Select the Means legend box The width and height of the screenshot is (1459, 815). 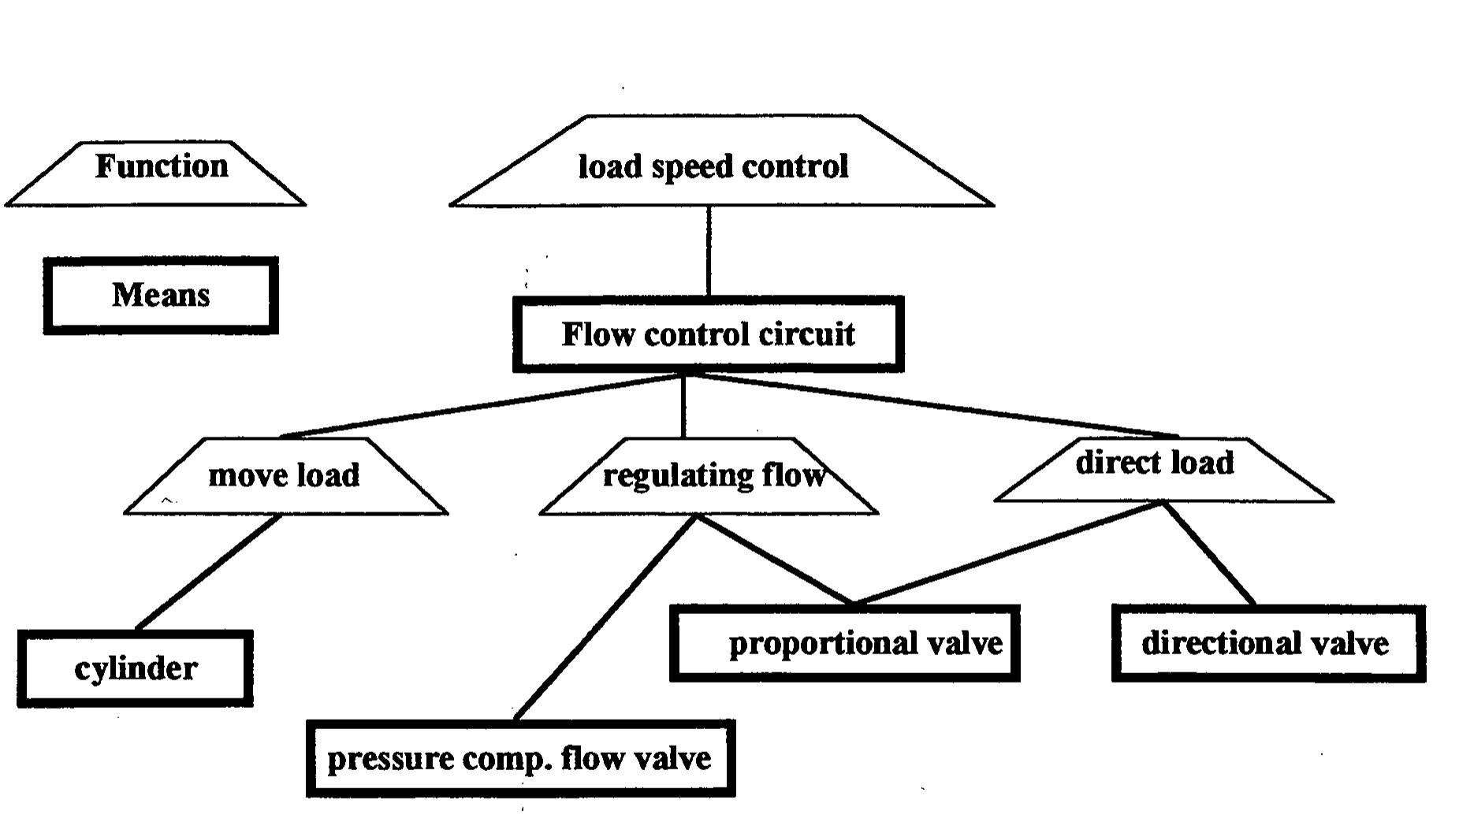tap(161, 296)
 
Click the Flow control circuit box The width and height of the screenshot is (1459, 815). tap(708, 334)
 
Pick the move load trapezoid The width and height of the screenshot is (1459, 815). tap(284, 478)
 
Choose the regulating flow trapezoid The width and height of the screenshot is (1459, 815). tap(709, 478)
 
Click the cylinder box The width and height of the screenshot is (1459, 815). tap(136, 668)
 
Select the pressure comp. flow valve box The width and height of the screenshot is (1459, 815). tap(520, 758)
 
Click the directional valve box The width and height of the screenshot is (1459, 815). tap(1267, 643)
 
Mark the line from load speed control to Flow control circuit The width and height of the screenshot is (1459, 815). tap(709, 251)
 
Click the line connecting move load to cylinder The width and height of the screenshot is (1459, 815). tap(208, 572)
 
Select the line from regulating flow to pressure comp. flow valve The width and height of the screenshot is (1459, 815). tap(605, 618)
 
